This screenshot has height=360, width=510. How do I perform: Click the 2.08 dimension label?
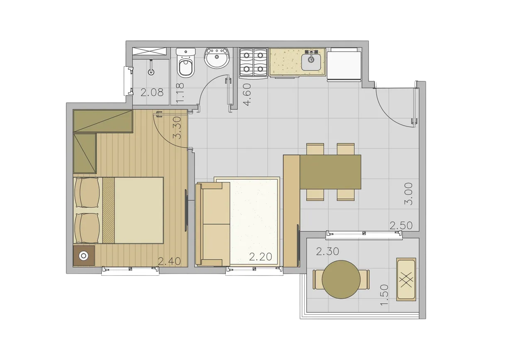152,92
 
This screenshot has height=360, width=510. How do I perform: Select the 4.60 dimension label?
247,95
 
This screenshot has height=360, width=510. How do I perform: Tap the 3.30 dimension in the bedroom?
177,128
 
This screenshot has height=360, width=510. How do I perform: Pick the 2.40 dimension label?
169,261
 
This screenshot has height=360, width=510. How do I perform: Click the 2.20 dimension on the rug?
261,257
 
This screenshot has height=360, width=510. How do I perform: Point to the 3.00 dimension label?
408,194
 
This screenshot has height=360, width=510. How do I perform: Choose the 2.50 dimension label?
401,226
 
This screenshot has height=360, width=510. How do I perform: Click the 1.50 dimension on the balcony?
384,295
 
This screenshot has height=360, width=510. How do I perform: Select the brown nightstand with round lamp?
83,255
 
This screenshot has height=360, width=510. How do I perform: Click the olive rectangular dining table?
330,172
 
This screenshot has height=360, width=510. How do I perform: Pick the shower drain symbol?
151,72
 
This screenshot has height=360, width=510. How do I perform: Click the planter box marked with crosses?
406,279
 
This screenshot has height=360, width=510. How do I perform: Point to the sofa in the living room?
212,224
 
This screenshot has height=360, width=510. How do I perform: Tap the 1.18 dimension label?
180,93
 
